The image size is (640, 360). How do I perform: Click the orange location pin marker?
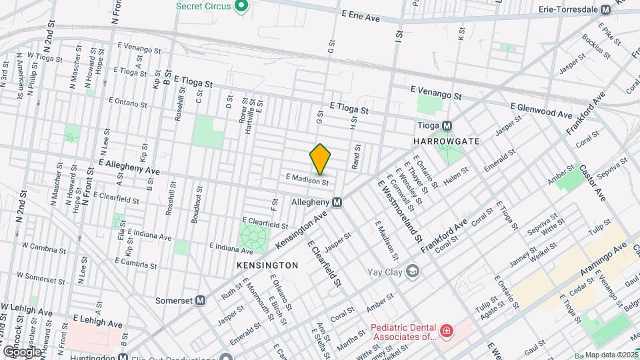[320, 159]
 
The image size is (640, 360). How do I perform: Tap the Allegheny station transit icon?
[337, 201]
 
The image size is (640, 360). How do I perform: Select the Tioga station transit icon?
[447, 125]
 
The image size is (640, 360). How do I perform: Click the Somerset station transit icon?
[200, 301]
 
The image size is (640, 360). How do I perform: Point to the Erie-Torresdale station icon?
[605, 10]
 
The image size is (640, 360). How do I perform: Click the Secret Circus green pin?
[243, 7]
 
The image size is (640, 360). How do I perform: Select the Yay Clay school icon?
[413, 271]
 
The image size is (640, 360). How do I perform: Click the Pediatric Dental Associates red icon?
[445, 331]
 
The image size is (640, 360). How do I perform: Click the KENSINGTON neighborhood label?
[267, 265]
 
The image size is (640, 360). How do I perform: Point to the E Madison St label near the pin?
[307, 180]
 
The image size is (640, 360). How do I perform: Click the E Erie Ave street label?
[360, 16]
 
